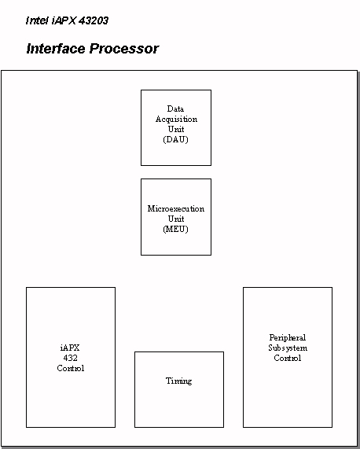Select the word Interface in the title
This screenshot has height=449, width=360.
pos(57,49)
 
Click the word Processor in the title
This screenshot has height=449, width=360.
pos(124,49)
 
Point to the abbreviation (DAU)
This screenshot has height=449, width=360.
pos(176,139)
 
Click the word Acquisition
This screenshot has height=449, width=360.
pos(176,119)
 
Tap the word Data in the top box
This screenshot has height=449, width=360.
pos(175,109)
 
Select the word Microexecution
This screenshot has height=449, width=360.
pos(176,208)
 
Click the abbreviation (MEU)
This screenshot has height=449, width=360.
pos(176,229)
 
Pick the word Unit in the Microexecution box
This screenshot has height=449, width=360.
pos(176,219)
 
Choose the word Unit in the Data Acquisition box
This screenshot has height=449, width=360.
pos(176,129)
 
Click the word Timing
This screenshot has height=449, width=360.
pos(179,381)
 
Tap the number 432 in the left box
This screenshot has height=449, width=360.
pos(71,358)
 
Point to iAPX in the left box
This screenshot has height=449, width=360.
pos(70,348)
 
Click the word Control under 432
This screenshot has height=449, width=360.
pos(71,368)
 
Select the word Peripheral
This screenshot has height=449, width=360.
pos(288,338)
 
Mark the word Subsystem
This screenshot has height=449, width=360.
pos(288,348)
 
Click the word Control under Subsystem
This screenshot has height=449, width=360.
pos(288,358)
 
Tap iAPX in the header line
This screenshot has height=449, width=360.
pos(64,20)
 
